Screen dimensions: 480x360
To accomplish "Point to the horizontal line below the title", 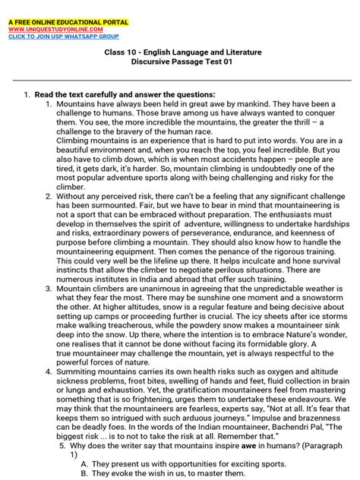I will pos(180,79).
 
